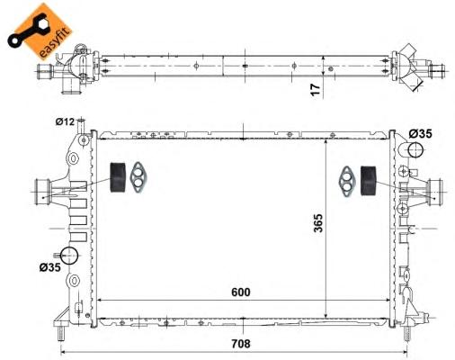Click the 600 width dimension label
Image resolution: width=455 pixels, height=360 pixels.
[241, 292]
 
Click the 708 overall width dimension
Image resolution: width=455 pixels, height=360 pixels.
[241, 344]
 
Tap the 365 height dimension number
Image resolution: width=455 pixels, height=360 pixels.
[318, 223]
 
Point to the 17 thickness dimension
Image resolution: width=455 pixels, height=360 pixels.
[316, 90]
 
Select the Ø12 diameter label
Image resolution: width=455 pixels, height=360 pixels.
[65, 121]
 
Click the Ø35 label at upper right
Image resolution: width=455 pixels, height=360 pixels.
[421, 133]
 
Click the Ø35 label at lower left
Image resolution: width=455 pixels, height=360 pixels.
[49, 267]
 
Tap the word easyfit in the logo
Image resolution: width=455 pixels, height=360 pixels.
[55, 43]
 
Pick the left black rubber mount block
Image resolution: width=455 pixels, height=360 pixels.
[118, 177]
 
